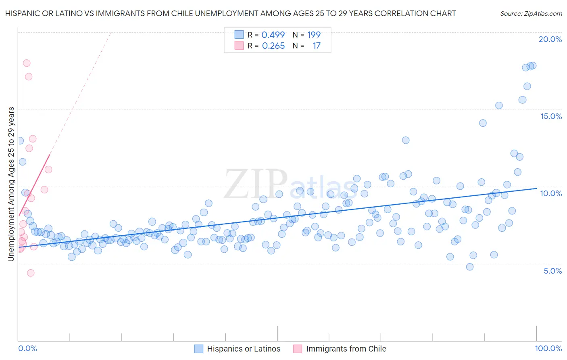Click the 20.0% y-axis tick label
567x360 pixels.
click(x=550, y=39)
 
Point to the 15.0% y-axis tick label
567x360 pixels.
click(x=551, y=116)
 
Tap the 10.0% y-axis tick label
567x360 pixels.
click(x=551, y=193)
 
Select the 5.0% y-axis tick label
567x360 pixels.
click(x=552, y=271)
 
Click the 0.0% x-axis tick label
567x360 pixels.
click(x=27, y=348)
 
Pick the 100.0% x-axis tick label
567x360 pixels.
click(x=548, y=348)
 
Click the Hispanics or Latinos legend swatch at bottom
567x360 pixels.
click(x=198, y=349)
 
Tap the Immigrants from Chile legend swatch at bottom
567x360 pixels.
click(x=298, y=349)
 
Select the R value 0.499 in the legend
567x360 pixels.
click(x=273, y=35)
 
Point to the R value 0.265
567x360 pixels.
click(x=273, y=46)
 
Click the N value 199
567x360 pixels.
click(x=314, y=35)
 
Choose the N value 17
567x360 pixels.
click(x=316, y=46)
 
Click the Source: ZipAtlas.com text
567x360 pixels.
click(x=531, y=13)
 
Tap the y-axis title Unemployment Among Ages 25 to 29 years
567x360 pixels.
click(x=11, y=184)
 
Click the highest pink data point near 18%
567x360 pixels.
click(x=27, y=63)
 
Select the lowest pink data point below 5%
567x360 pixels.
click(x=31, y=273)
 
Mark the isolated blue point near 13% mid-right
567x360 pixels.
click(x=406, y=140)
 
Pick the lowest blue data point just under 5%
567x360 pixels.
click(x=469, y=267)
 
